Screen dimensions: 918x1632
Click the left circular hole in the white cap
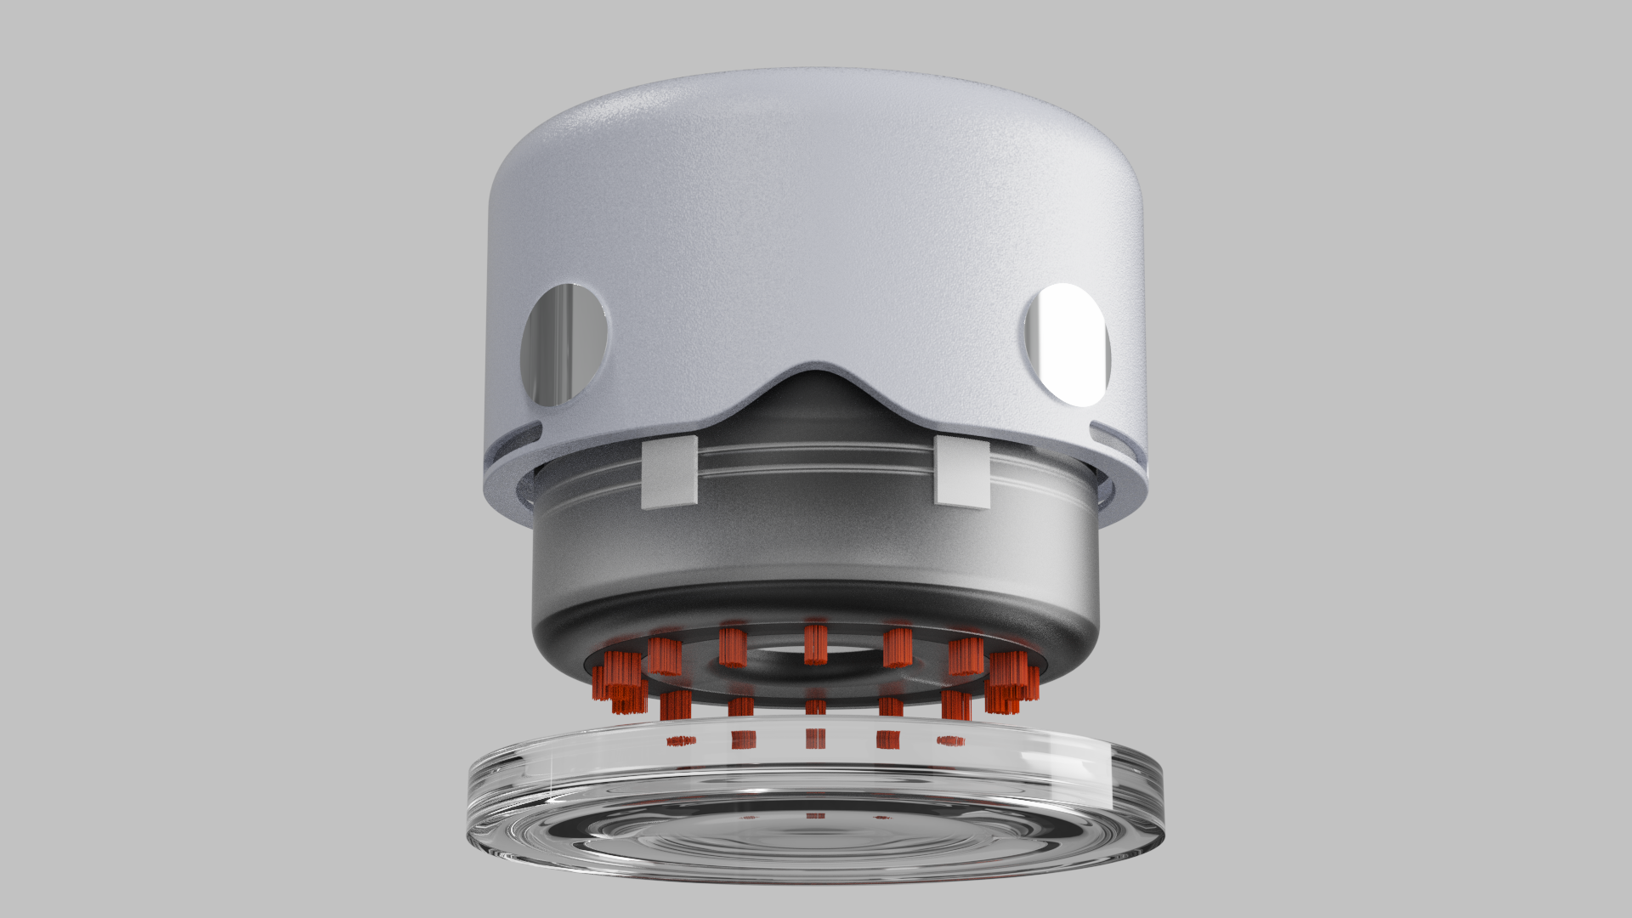564,344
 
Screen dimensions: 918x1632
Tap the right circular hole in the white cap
1068,344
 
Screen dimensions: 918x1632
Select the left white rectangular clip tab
670,473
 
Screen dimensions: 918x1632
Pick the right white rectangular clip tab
961,472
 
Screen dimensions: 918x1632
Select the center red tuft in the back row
816,643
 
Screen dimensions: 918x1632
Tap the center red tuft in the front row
816,707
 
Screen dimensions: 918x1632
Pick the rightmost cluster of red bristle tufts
1011,680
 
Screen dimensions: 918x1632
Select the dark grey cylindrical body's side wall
816,544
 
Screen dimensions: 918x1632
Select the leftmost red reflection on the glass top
681,741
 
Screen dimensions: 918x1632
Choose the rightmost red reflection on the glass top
950,741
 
